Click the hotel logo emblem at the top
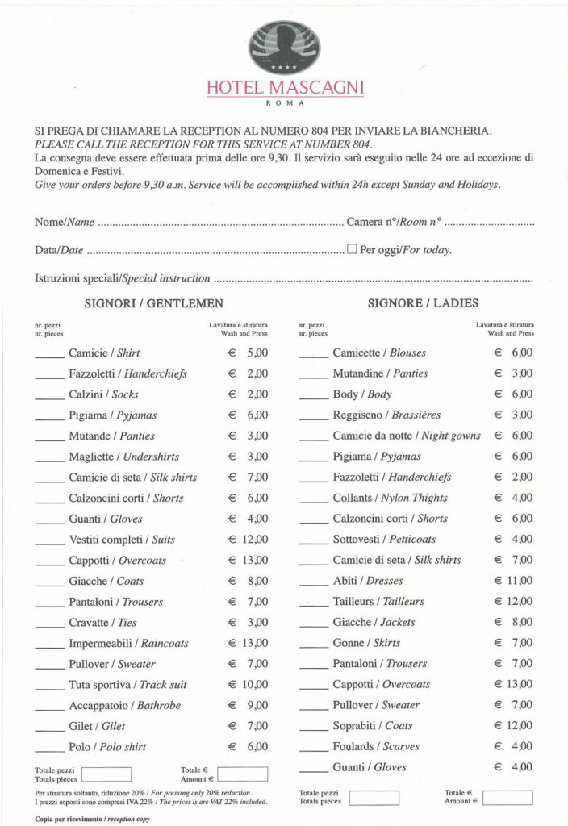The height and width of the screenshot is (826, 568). click(284, 46)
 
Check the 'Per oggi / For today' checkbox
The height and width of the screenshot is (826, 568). click(352, 249)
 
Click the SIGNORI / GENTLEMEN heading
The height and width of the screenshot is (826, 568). click(154, 304)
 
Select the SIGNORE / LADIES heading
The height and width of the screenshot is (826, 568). click(423, 304)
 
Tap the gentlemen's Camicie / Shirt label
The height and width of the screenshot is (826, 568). click(104, 353)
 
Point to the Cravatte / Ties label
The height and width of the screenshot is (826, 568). click(102, 623)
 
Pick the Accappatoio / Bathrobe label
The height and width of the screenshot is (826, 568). click(124, 706)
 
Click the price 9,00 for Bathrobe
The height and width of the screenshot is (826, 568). click(257, 706)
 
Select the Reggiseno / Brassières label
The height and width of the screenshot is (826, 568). click(386, 415)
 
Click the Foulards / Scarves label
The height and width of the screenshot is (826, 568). click(376, 747)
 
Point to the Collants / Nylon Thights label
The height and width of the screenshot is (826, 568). click(390, 499)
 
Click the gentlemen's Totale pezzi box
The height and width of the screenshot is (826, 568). click(106, 774)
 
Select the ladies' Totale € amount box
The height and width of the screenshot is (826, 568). click(507, 797)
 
